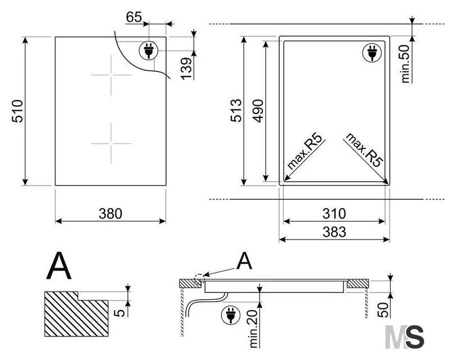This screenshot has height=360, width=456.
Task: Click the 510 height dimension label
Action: pos(17,111)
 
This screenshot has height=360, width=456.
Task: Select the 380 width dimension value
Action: pos(110,214)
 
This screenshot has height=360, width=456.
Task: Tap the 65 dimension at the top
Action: pos(134,17)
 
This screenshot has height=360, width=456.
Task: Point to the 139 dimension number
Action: pos(186,69)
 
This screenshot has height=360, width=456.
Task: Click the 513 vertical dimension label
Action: pos(236,110)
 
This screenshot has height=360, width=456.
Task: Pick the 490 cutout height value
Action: pos(258,111)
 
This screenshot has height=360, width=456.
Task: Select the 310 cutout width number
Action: pos(334,214)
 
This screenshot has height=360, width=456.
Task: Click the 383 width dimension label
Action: pos(334,232)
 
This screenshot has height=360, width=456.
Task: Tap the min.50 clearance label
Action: pos(405,64)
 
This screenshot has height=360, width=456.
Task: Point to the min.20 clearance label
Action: pos(253,329)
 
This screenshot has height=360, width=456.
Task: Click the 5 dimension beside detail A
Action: pos(119,313)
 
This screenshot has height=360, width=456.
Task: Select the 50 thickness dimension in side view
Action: pos(383,310)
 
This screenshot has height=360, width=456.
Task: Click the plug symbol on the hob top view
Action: pos(149,51)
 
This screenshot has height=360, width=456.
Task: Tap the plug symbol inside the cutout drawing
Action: pos(372,53)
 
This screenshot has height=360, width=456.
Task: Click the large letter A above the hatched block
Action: pos(59,265)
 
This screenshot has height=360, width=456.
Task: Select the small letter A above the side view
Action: pos(244,260)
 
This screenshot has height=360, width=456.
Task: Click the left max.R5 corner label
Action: pos(305,151)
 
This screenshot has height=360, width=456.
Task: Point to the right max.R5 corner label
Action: pos(364,150)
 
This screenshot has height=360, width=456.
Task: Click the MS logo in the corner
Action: pos(405,337)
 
